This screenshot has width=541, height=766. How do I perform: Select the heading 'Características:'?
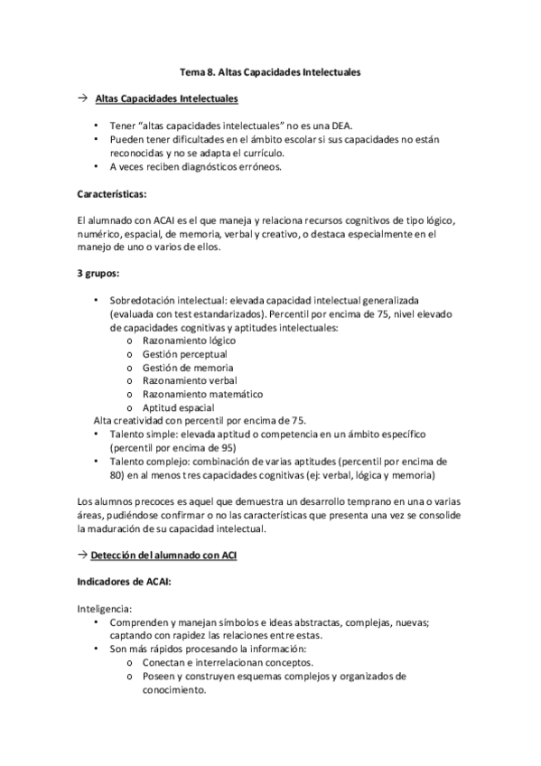112,194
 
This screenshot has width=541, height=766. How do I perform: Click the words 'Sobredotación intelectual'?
166,299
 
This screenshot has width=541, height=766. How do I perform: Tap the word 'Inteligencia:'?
106,609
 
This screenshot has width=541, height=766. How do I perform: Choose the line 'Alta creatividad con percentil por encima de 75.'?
201,420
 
